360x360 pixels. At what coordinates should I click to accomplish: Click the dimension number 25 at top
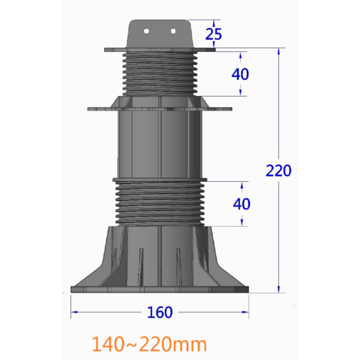pyautogui.click(x=213, y=34)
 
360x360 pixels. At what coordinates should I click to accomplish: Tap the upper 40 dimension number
pyautogui.click(x=240, y=74)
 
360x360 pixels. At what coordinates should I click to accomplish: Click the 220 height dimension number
pyautogui.click(x=278, y=170)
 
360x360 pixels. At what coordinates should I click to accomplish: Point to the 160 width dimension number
pyautogui.click(x=159, y=312)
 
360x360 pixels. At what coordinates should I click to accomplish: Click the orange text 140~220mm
pyautogui.click(x=149, y=344)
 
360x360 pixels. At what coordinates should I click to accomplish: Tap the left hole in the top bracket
pyautogui.click(x=147, y=31)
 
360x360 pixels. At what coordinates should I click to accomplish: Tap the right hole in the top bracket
pyautogui.click(x=173, y=31)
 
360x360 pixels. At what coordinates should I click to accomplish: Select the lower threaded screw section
pyautogui.click(x=159, y=203)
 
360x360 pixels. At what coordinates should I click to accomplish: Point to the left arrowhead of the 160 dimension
pyautogui.click(x=74, y=312)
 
